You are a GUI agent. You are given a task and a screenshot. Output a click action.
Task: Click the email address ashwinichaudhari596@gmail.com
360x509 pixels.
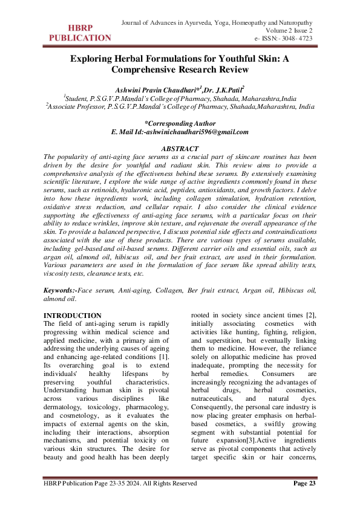(202, 132)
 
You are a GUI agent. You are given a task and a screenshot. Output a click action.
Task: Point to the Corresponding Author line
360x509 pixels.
(180, 123)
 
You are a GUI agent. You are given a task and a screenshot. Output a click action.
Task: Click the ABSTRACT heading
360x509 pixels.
(180, 149)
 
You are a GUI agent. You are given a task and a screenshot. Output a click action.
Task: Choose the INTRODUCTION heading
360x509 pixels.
(73, 316)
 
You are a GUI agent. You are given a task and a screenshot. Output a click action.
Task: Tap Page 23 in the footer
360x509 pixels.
(305, 483)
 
